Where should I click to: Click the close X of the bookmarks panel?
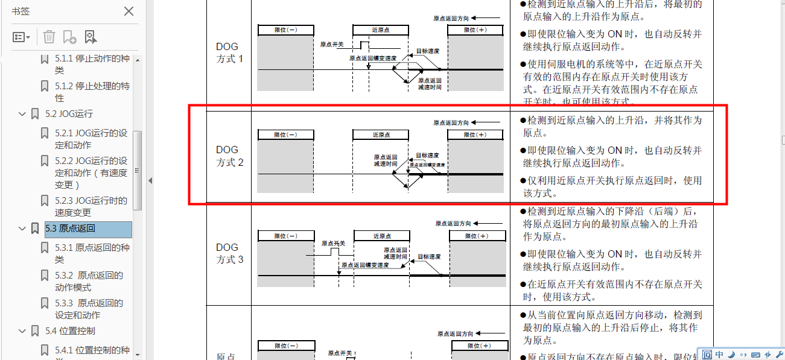(129, 11)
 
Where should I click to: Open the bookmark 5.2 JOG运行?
(69, 114)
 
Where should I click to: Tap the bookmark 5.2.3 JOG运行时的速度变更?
(91, 206)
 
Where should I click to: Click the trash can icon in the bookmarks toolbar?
(49, 37)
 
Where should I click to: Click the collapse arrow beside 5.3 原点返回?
(22, 229)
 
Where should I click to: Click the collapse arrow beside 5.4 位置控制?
(22, 331)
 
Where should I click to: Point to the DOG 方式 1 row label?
(229, 52)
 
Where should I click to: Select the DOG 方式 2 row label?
(229, 156)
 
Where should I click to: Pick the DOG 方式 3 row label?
(229, 253)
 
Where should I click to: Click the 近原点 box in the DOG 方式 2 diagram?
(381, 134)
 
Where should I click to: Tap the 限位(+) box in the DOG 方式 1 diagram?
(475, 30)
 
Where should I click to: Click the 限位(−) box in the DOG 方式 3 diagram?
(285, 236)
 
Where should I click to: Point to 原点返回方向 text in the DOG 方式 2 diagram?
(451, 122)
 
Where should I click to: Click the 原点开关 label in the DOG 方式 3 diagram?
(333, 244)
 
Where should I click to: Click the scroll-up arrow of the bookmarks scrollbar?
(138, 60)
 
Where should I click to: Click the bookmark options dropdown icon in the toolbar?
(22, 37)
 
